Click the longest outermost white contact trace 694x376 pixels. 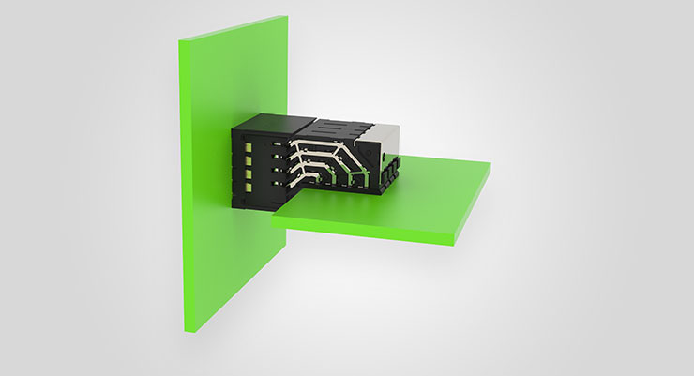328,143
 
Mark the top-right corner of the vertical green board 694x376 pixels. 284,17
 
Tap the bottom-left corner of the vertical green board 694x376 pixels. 186,332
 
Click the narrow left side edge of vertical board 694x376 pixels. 183,188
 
